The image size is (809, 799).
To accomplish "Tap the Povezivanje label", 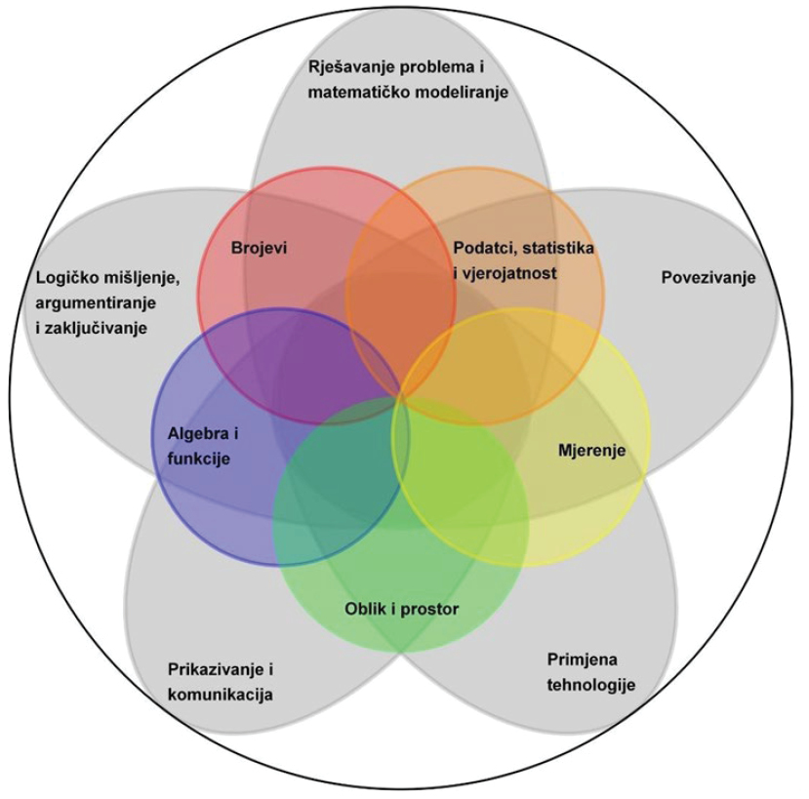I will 708,277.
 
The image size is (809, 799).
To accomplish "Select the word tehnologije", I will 589,684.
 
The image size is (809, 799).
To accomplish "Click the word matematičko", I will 358,93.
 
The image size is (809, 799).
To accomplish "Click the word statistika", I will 558,248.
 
